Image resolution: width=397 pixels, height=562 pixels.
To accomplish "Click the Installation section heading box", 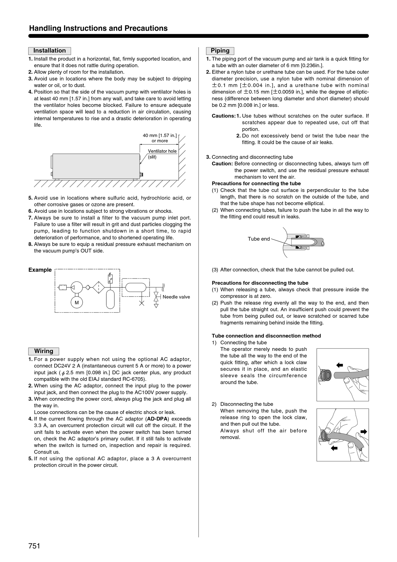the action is point(50,51).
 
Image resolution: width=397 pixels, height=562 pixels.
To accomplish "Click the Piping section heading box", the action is point(220,51).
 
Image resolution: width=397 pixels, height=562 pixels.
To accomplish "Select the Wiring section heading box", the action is point(44,351).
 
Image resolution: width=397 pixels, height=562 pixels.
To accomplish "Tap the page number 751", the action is point(34,546).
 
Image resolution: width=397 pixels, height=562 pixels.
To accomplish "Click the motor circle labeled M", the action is point(77,302).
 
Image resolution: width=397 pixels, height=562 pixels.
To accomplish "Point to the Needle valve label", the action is point(176,297).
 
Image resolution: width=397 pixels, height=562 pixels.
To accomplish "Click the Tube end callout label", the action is point(259,239).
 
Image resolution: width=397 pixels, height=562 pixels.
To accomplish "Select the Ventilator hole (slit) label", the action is point(162,154).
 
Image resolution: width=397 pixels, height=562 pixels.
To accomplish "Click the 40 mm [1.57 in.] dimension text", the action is point(160,135).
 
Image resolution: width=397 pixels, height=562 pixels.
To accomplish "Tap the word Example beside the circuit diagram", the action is point(40,270).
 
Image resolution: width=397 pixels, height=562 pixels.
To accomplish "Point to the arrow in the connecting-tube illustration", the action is point(340,365).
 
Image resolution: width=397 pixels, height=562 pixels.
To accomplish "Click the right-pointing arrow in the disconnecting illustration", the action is point(364,432).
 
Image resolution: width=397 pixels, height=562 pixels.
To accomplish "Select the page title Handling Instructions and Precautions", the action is point(98,28).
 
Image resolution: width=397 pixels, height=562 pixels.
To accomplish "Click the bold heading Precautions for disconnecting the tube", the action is point(260,283).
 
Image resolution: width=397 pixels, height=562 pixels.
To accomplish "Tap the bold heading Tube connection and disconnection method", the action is point(266,336).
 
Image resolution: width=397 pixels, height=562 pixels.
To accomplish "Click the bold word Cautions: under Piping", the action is point(223,116).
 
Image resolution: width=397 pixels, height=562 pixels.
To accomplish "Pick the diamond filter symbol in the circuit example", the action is point(98,287).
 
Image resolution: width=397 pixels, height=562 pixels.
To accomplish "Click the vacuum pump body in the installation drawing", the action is point(96,166).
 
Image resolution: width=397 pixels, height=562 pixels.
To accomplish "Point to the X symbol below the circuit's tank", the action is point(142,303).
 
